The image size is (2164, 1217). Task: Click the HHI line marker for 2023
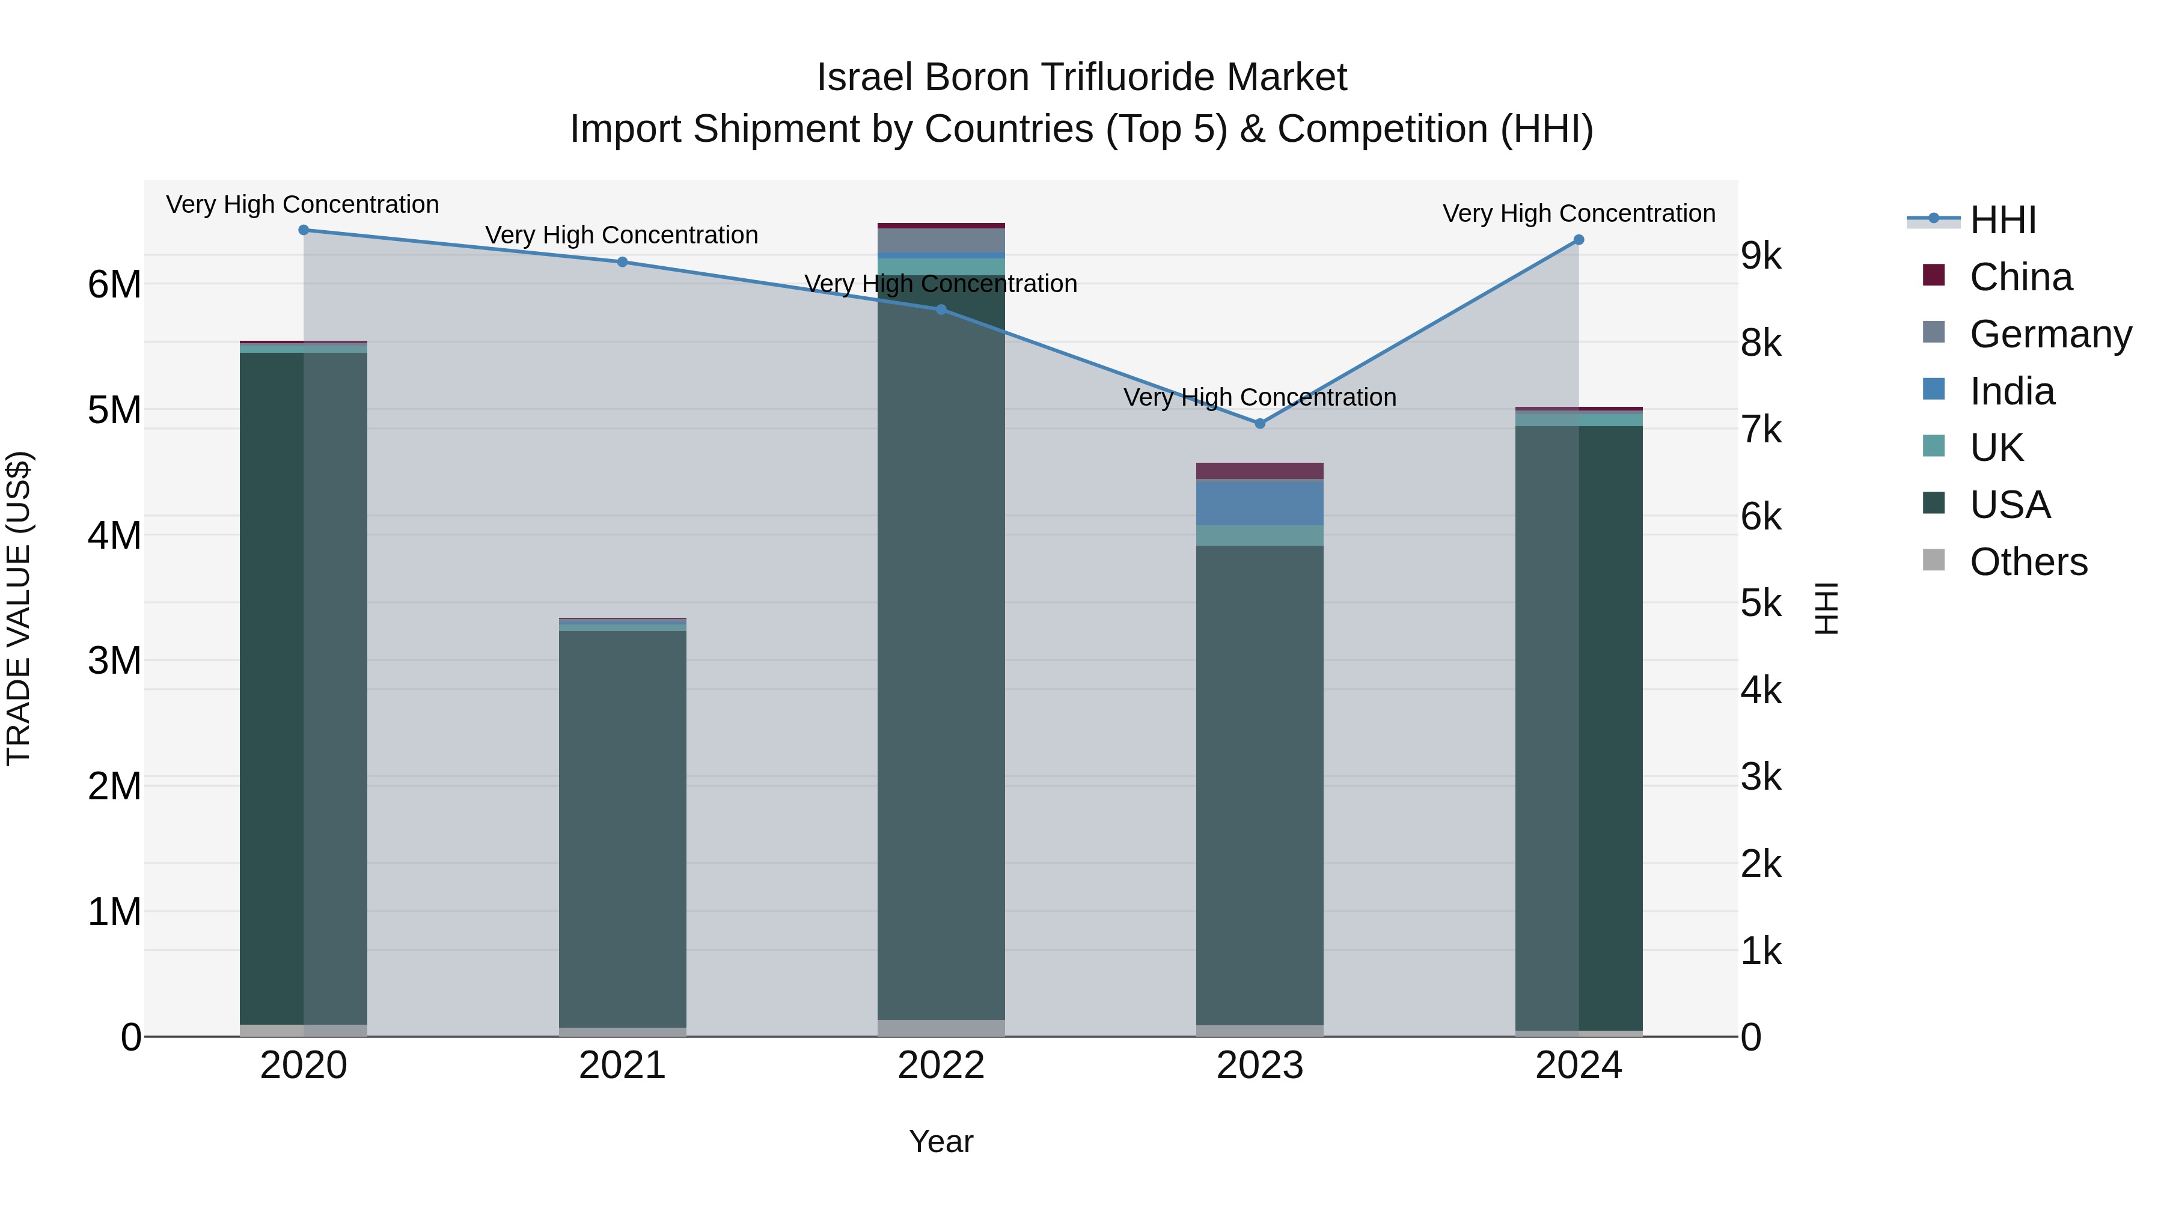[x=1259, y=423]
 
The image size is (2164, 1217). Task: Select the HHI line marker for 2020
[x=304, y=230]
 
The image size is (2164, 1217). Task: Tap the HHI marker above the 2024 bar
[x=1579, y=239]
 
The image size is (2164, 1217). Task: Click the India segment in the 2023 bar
[x=1259, y=502]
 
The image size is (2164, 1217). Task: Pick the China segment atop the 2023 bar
[x=1259, y=471]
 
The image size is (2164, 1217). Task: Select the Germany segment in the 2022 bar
[x=941, y=240]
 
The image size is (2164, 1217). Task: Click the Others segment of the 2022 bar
[x=941, y=1028]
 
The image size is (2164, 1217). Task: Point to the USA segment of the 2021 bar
[x=623, y=828]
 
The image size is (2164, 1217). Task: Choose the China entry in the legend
[x=2020, y=277]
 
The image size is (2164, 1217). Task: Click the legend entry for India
[x=2011, y=391]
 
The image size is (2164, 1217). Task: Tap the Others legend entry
[x=2028, y=562]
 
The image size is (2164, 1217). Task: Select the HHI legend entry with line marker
[x=2003, y=220]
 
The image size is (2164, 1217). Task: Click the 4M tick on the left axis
[x=114, y=535]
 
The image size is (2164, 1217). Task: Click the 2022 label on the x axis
[x=941, y=1066]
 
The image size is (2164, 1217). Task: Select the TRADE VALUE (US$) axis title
[x=19, y=608]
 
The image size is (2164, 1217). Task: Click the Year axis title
[x=941, y=1141]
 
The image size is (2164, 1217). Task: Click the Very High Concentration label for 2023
[x=1259, y=397]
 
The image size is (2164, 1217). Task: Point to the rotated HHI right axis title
[x=1826, y=608]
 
